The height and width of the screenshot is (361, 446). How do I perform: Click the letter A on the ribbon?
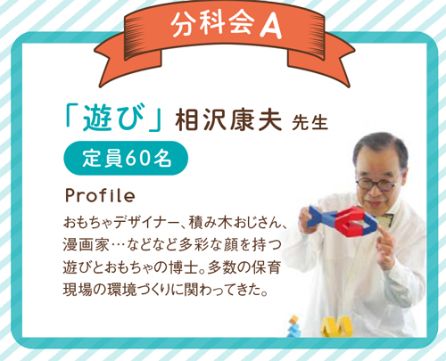[270, 26]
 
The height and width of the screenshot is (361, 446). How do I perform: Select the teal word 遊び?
[113, 118]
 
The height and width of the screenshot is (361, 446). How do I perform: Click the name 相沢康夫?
[228, 119]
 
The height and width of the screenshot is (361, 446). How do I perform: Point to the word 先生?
[310, 121]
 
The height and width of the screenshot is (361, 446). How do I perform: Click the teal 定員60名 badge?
[126, 158]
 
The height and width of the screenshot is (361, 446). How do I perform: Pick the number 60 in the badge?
[137, 158]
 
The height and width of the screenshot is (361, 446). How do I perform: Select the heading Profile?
[100, 195]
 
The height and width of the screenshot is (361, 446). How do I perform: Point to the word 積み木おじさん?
[235, 222]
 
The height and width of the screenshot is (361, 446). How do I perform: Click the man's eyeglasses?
[376, 184]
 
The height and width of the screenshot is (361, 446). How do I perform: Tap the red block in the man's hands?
[350, 220]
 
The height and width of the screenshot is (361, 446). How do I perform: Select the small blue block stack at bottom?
[294, 327]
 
